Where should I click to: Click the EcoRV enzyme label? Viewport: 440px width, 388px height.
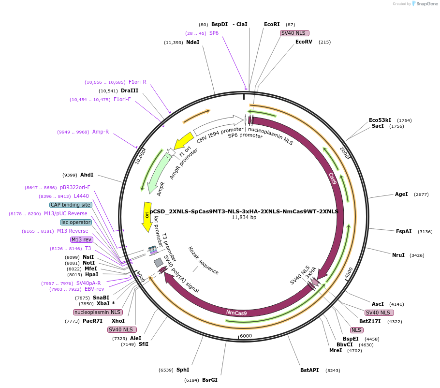(304, 42)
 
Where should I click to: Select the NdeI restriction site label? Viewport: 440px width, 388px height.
(192, 43)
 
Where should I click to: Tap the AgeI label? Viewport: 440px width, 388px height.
(401, 194)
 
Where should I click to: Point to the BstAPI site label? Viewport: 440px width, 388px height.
(309, 371)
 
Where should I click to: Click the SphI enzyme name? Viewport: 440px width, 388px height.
(183, 370)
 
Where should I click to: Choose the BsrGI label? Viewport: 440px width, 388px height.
(210, 380)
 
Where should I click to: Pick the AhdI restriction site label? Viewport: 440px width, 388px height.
(87, 175)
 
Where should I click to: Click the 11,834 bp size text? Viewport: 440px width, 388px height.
(244, 218)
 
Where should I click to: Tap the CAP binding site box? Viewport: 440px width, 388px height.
(71, 205)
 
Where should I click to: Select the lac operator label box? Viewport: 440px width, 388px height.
(76, 222)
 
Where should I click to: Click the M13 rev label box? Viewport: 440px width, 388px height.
(81, 239)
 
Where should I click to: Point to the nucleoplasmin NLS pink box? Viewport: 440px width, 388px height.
(98, 312)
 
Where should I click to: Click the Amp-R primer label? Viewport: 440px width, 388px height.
(101, 132)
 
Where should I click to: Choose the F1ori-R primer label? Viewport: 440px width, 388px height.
(137, 82)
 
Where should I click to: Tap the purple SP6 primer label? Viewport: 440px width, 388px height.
(214, 33)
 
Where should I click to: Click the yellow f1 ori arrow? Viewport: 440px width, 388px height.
(184, 141)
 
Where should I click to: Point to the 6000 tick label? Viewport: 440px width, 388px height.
(246, 336)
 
